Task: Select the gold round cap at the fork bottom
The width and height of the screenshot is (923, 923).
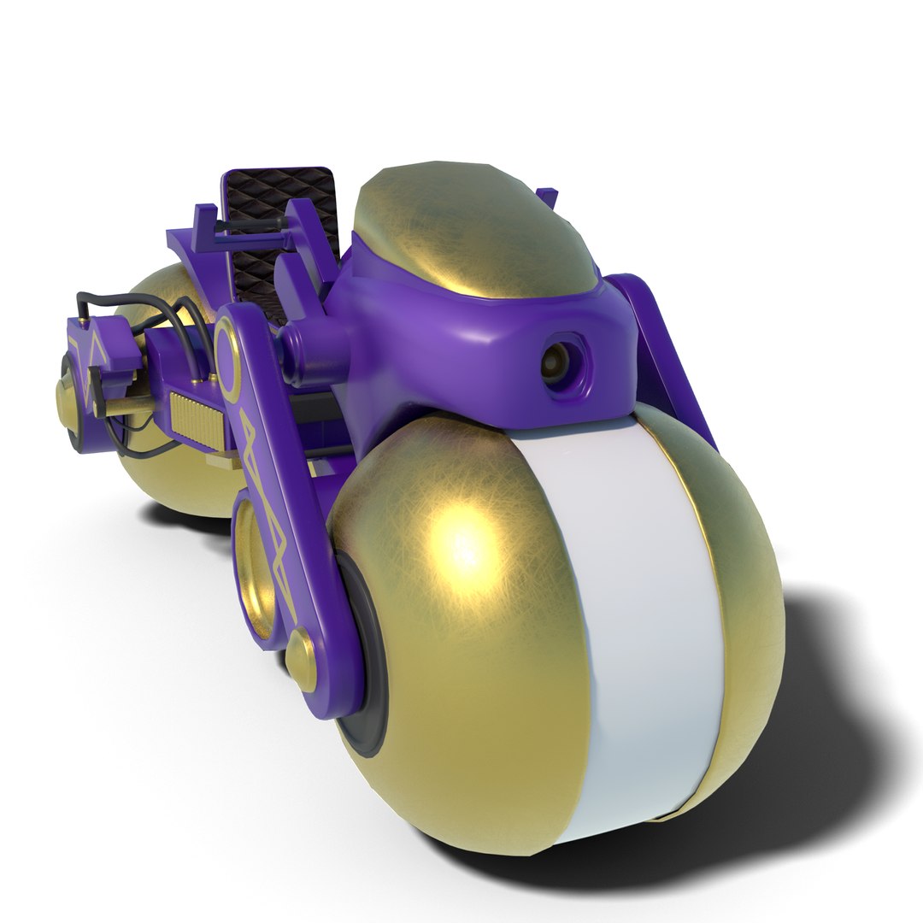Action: pos(300,658)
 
